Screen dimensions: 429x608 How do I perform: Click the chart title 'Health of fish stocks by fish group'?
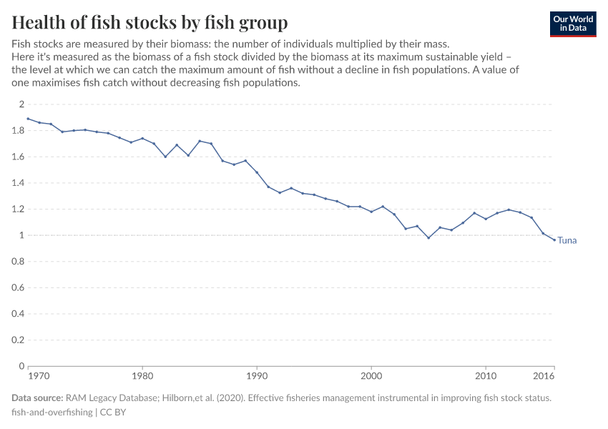click(x=150, y=23)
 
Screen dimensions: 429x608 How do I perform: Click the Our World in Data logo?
click(x=572, y=24)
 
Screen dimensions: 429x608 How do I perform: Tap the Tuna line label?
click(x=567, y=240)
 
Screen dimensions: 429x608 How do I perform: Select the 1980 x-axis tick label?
click(x=142, y=375)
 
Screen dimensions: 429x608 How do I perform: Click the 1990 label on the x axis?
click(x=257, y=375)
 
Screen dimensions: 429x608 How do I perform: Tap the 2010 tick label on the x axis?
click(x=486, y=375)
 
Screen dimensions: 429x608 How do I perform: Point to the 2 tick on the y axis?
click(x=21, y=104)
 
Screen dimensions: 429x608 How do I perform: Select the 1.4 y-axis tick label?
click(x=17, y=183)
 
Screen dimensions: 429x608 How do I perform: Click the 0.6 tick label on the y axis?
click(x=17, y=287)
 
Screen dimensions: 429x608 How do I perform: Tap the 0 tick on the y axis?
click(x=21, y=366)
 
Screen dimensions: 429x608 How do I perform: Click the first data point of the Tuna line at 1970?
click(x=28, y=119)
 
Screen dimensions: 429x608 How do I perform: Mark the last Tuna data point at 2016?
click(x=554, y=240)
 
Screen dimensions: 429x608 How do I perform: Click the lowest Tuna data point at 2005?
click(x=428, y=237)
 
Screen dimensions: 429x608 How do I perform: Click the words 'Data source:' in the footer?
click(x=37, y=398)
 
